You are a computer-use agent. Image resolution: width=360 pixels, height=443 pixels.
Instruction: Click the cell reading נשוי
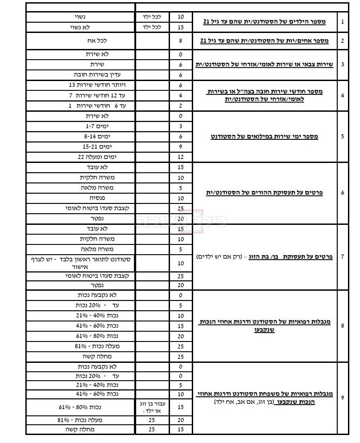(81, 17)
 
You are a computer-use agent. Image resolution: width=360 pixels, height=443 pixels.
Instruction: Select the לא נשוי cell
(81, 27)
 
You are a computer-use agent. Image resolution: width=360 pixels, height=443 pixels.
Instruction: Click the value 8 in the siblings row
(181, 41)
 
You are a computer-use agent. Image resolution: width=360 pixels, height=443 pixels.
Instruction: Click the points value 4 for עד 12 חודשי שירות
(181, 95)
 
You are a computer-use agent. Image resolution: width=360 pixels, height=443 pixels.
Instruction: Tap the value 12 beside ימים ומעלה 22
(181, 157)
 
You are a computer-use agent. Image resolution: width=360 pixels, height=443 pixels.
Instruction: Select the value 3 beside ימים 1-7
(181, 126)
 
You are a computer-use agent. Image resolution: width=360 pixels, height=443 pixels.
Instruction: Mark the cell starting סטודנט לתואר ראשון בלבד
(80, 263)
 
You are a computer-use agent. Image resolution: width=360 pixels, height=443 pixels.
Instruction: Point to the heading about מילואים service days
(264, 137)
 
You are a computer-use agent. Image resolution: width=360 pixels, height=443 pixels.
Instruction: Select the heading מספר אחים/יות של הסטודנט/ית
(264, 41)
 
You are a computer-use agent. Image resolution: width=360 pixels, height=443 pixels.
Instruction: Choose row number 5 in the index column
(342, 137)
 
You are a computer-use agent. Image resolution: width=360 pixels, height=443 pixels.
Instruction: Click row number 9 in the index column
(342, 398)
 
